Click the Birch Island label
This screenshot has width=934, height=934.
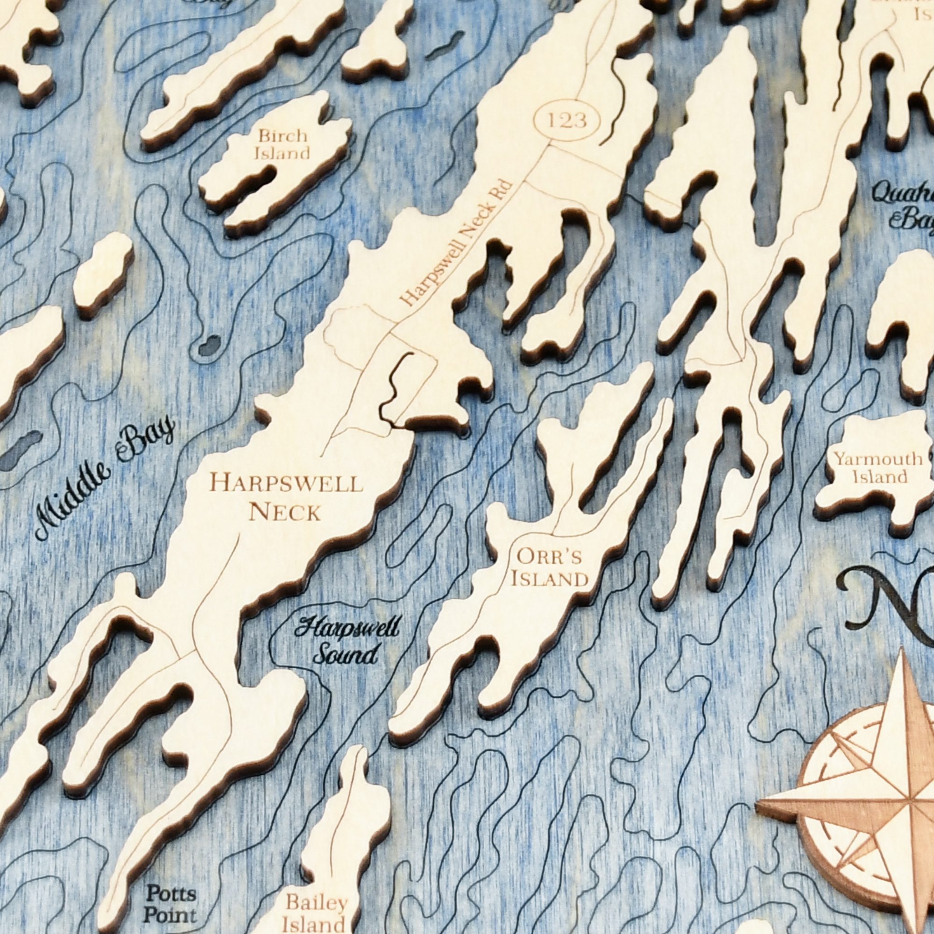coord(283,144)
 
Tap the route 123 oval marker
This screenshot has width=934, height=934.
coord(567,120)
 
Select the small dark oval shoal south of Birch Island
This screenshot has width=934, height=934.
coord(209,344)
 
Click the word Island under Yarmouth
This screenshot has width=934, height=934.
coord(879,478)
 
